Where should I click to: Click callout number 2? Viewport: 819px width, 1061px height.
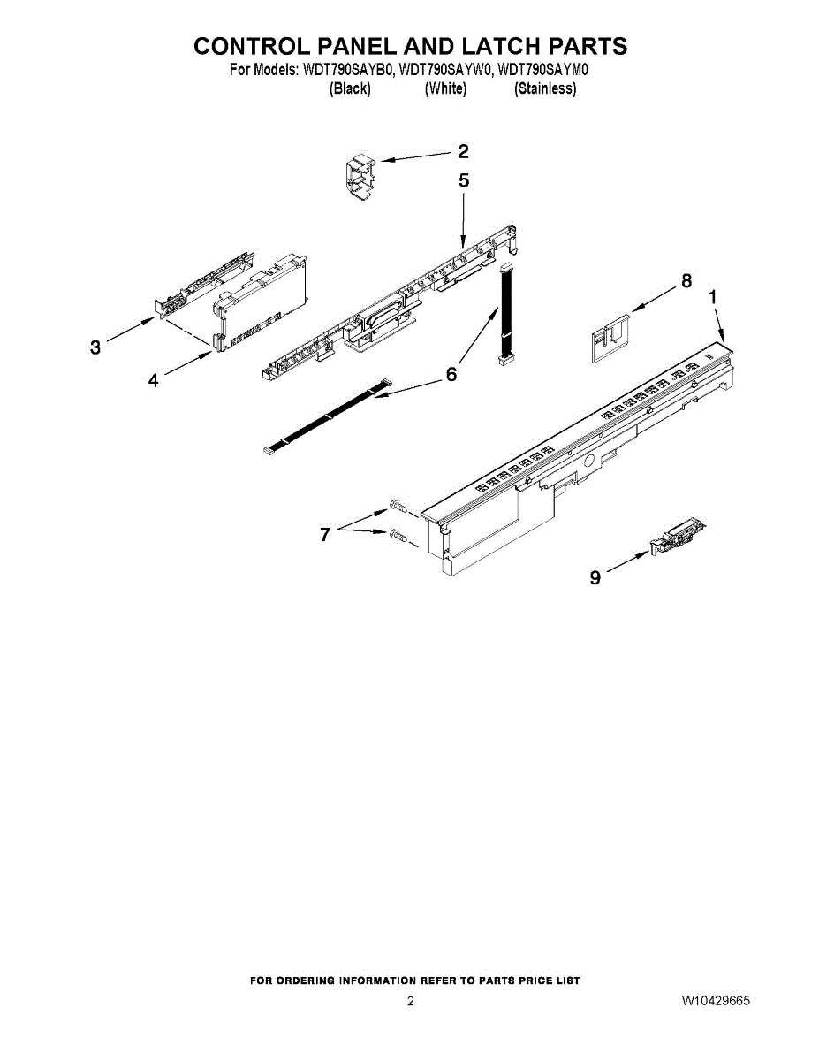[x=463, y=151]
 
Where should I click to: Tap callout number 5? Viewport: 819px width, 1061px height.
[x=464, y=181]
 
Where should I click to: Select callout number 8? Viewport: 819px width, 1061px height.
[x=686, y=281]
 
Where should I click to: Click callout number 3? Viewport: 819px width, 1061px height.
[x=95, y=348]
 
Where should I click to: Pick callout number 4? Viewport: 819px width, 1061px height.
[x=154, y=380]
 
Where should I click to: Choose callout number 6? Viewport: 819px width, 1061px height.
[x=451, y=374]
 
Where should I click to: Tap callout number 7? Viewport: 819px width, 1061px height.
[x=325, y=534]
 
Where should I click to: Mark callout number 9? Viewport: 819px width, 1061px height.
[x=595, y=577]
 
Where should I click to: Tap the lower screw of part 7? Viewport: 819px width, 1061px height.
[x=396, y=534]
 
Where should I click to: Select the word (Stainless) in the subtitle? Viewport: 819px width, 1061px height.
[x=545, y=88]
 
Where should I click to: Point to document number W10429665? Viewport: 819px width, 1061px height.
[x=716, y=1001]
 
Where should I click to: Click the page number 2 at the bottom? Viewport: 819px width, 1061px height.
[x=410, y=1001]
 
